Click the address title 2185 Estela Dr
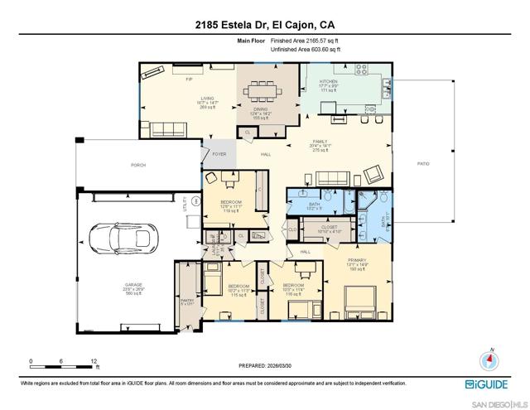[265, 23]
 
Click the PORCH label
[139, 165]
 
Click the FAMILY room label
[320, 142]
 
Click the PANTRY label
[186, 301]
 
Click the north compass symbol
[489, 362]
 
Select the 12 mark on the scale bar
[94, 362]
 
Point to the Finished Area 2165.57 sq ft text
[306, 40]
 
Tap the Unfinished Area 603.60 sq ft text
[306, 50]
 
